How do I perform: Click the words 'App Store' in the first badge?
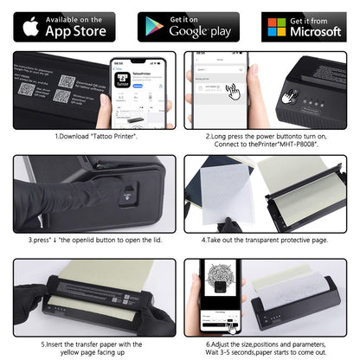tap(76, 31)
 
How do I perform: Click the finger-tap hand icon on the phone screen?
tap(232, 89)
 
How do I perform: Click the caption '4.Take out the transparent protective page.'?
tap(269, 238)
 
